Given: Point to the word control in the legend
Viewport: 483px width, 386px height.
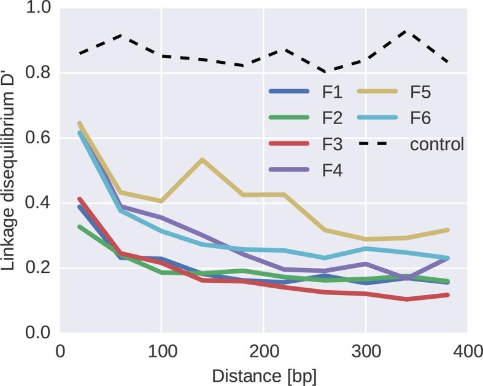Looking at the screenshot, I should [437, 145].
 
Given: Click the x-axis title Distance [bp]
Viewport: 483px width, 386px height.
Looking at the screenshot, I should [263, 374].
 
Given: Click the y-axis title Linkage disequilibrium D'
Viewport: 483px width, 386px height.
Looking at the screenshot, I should [11, 172].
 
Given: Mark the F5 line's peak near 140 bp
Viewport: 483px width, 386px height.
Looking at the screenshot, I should [202, 160].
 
